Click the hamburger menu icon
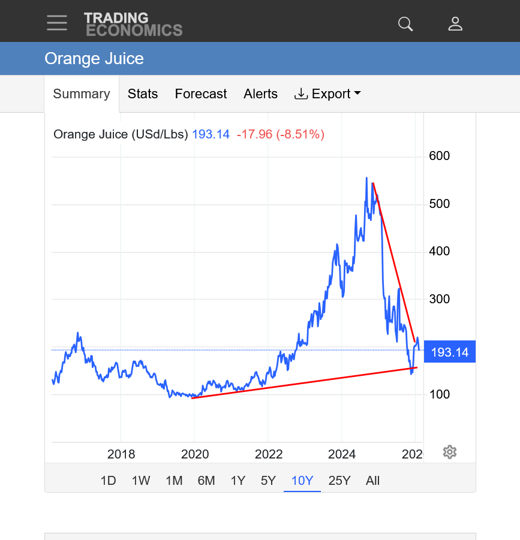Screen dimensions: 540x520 [x=57, y=23]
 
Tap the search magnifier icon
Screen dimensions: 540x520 [x=405, y=24]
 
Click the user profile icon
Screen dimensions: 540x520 [x=455, y=24]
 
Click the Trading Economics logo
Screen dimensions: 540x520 [x=133, y=24]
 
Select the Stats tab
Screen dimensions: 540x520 [x=143, y=94]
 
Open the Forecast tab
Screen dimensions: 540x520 [x=200, y=94]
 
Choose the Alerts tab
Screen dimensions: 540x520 [x=260, y=94]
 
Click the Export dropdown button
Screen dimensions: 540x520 [x=327, y=94]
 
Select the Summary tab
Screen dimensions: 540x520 [x=82, y=94]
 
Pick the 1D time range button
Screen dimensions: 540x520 [x=108, y=480]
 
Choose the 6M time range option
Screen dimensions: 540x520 [x=206, y=480]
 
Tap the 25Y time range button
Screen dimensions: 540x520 [x=339, y=480]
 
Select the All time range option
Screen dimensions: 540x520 [x=372, y=480]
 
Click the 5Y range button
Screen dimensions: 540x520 [x=268, y=480]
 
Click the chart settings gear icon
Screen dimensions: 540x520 [x=450, y=452]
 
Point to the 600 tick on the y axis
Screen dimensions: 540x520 [x=439, y=156]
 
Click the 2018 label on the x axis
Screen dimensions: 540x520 [x=121, y=454]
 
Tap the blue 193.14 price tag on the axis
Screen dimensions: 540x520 [x=450, y=352]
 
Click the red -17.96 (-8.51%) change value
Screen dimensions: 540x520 [x=281, y=134]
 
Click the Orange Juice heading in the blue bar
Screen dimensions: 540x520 [x=94, y=59]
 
